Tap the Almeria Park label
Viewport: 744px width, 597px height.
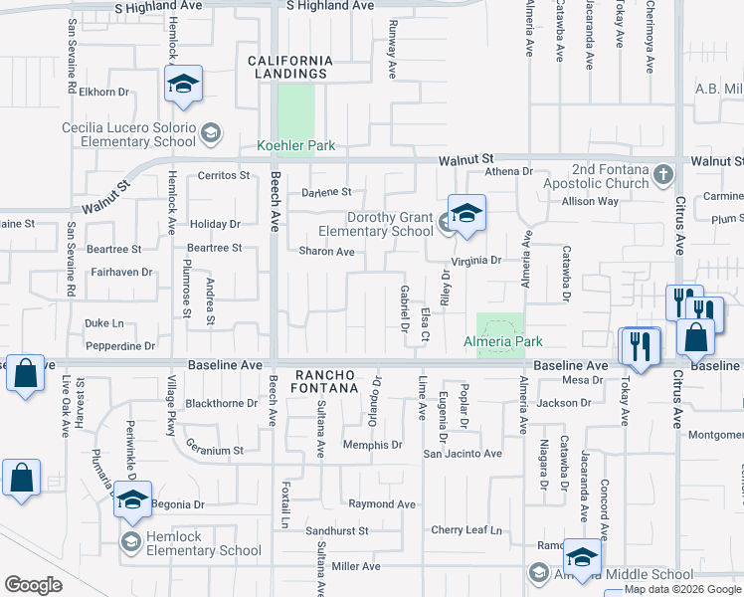pos(503,341)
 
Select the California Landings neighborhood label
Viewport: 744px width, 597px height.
pos(289,67)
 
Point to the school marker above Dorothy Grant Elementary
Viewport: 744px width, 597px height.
pos(465,212)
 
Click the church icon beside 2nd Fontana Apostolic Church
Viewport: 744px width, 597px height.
pos(663,175)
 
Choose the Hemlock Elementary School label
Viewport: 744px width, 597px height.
pos(204,550)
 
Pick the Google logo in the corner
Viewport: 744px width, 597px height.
pos(34,585)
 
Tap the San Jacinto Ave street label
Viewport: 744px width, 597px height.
pos(463,454)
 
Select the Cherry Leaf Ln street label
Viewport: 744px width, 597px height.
pos(466,530)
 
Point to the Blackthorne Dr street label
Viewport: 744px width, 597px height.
pos(222,404)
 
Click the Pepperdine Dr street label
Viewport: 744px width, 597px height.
pos(120,346)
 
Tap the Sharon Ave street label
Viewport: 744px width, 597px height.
pos(326,252)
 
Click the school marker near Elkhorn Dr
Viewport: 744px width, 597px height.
pos(184,85)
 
